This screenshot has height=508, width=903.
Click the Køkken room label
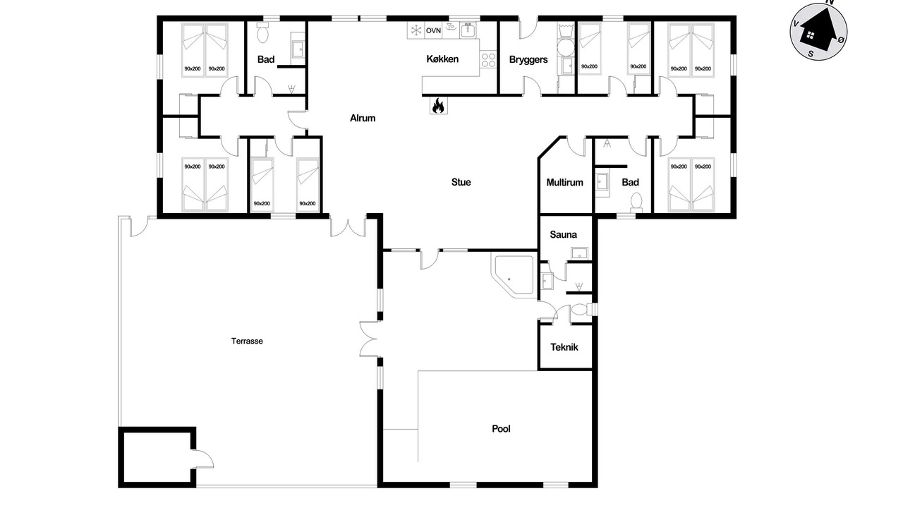pyautogui.click(x=442, y=59)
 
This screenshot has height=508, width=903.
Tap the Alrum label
pyautogui.click(x=363, y=118)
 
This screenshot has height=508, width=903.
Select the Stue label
pyautogui.click(x=461, y=182)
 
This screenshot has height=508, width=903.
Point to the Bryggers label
pyautogui.click(x=528, y=60)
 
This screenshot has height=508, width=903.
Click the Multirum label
pyautogui.click(x=564, y=183)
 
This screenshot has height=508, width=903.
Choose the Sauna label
pyautogui.click(x=563, y=235)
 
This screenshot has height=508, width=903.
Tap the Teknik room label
pyautogui.click(x=564, y=347)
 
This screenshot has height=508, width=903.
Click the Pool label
pyautogui.click(x=501, y=428)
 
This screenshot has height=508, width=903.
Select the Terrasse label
pyautogui.click(x=247, y=341)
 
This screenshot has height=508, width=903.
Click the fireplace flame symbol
pyautogui.click(x=438, y=106)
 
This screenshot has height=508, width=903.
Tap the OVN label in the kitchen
pyautogui.click(x=433, y=30)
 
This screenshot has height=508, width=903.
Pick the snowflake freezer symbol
pyautogui.click(x=416, y=30)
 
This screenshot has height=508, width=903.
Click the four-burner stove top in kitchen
pyautogui.click(x=488, y=60)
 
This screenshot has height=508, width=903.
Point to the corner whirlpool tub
pyautogui.click(x=513, y=276)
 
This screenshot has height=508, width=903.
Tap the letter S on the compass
pyautogui.click(x=811, y=54)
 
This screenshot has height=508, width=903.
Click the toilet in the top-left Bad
pyautogui.click(x=262, y=32)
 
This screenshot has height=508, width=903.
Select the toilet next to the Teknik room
pyautogui.click(x=581, y=310)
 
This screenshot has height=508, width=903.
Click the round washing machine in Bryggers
pyautogui.click(x=565, y=47)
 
